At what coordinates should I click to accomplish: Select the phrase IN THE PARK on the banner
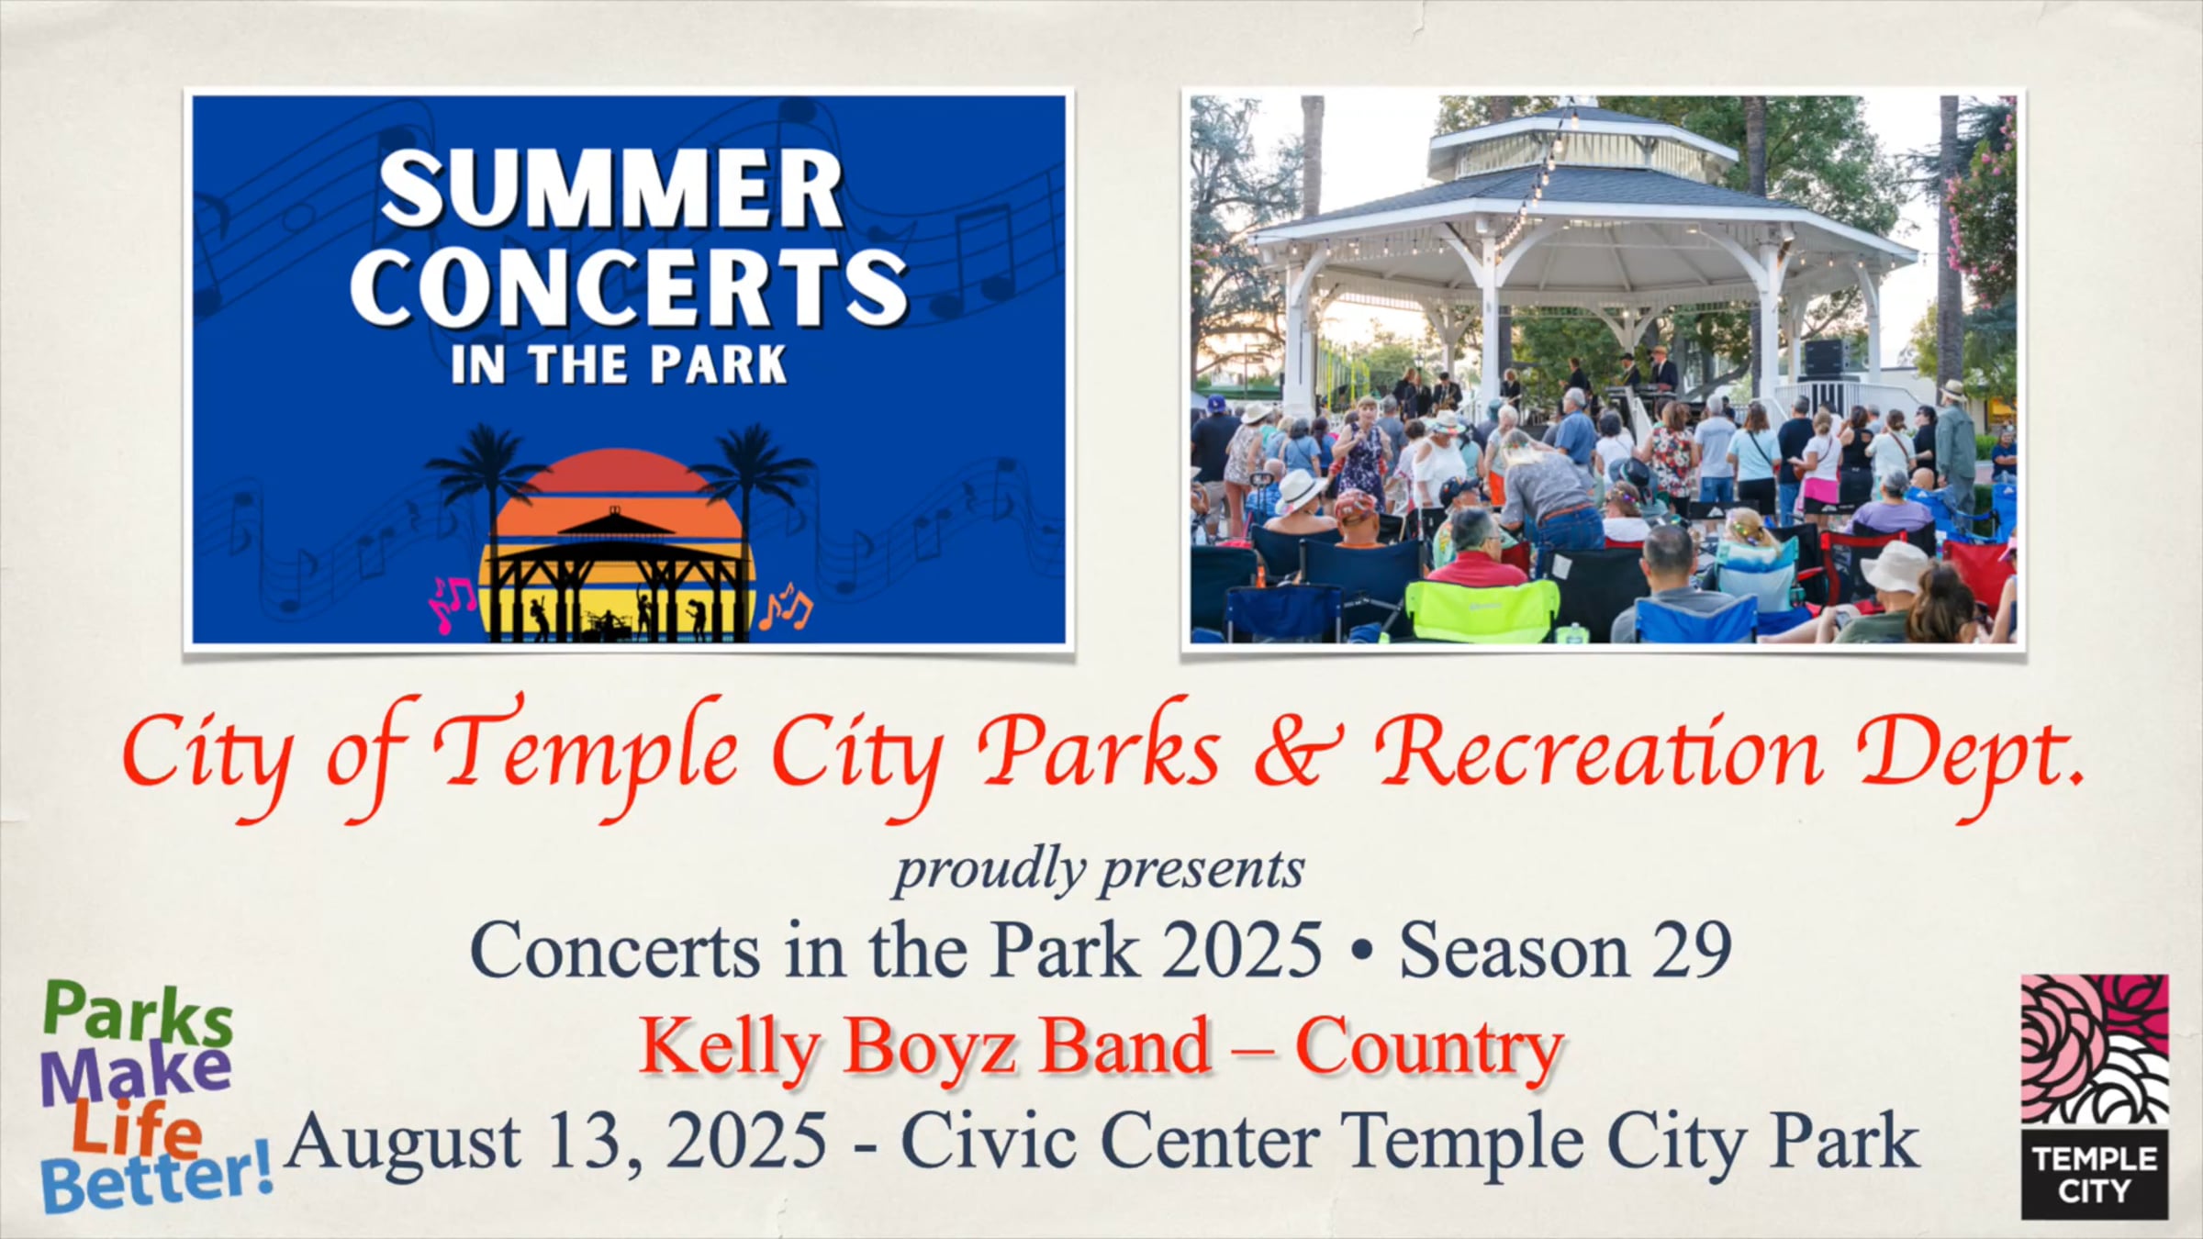[620, 364]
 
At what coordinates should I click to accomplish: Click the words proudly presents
[1100, 869]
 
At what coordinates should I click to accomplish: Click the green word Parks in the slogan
[138, 1015]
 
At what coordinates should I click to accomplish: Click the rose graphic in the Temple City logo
[2095, 1050]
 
